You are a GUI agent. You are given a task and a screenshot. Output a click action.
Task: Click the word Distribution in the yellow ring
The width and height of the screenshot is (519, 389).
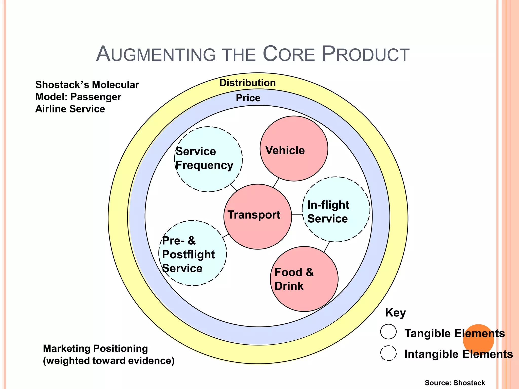point(247,83)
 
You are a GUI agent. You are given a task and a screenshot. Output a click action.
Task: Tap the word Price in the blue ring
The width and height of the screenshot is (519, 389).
point(248,98)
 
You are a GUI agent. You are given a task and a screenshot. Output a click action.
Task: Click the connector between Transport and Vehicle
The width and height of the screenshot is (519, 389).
point(276,183)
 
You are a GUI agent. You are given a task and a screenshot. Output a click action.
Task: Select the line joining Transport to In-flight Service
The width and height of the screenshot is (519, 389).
point(297,214)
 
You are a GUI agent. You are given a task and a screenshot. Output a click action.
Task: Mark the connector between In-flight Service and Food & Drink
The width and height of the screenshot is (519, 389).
point(327,247)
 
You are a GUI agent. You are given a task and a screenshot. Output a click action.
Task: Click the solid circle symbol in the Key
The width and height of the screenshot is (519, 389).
point(388,332)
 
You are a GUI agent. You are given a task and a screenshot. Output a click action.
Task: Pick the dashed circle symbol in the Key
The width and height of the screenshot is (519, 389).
point(388,353)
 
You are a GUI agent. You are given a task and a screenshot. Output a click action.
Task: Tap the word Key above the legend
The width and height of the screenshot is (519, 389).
point(395,313)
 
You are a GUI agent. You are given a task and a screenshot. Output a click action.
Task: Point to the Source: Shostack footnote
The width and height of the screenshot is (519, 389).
point(455,383)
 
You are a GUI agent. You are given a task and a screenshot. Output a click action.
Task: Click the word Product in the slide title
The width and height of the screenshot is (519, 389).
point(365,54)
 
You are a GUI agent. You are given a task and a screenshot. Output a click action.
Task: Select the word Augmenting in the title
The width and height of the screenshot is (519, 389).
point(156,54)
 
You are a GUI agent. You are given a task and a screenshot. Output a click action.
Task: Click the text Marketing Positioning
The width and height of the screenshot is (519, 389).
point(95,348)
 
